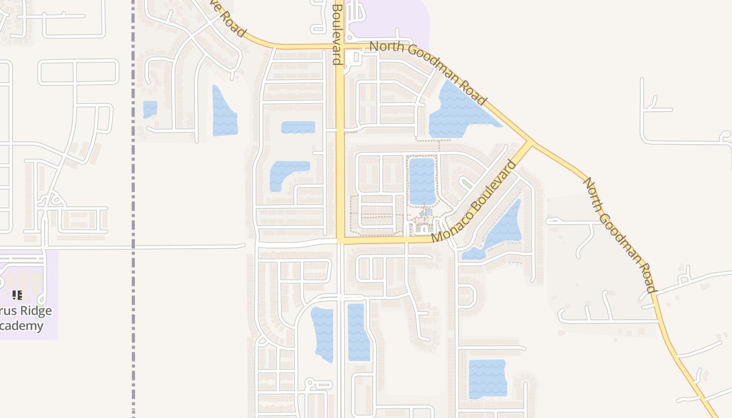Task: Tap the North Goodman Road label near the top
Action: [428, 73]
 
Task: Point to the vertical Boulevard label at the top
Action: [337, 34]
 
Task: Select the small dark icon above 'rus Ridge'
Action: [18, 295]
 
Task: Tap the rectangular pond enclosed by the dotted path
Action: [422, 181]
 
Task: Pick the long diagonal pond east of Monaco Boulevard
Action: [502, 230]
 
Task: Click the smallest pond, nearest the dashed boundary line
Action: [150, 109]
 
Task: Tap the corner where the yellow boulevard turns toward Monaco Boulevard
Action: [340, 241]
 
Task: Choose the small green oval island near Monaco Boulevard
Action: [465, 183]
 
